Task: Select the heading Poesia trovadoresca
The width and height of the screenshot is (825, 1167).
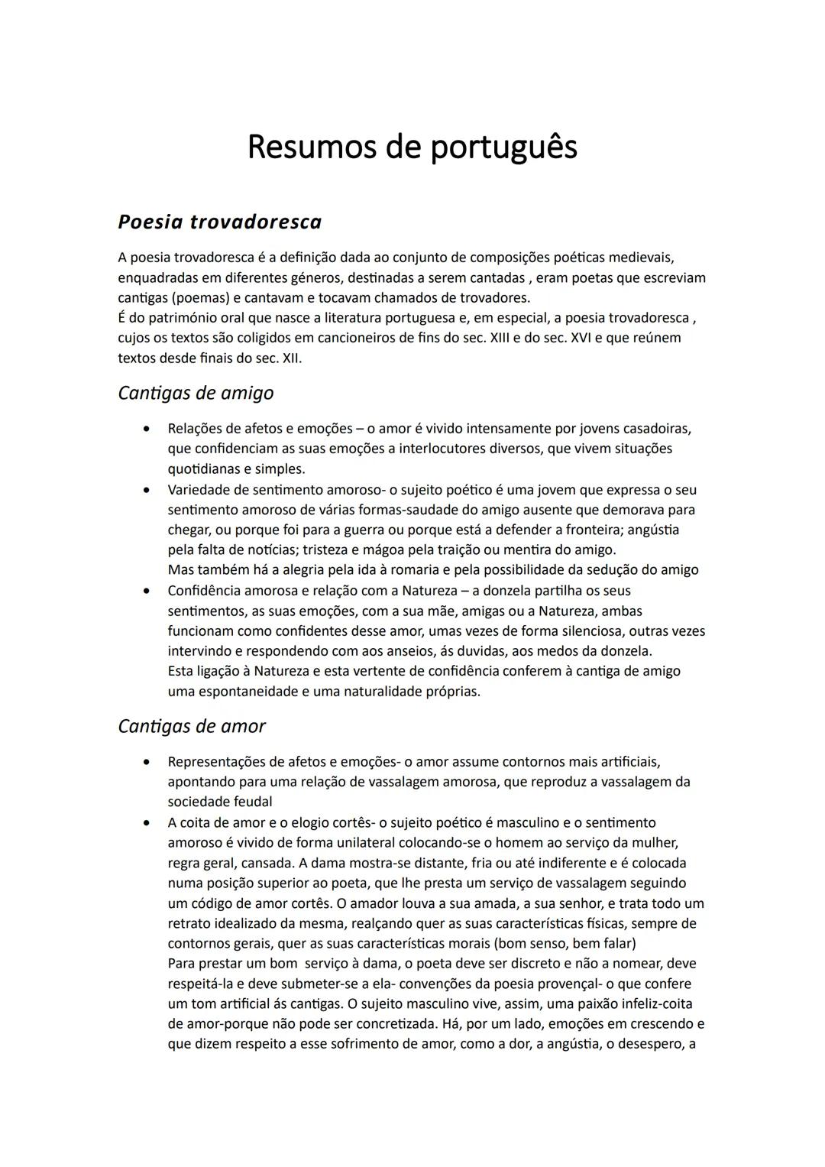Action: point(220,222)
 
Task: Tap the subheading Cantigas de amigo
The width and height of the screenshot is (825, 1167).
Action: point(196,393)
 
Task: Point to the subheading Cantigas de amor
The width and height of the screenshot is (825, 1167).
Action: point(192,726)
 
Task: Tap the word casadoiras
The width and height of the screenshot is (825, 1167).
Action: point(657,428)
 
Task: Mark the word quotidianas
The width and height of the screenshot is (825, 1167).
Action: point(205,468)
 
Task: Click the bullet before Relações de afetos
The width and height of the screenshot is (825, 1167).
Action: point(145,429)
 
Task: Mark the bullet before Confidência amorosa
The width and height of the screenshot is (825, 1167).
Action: point(145,591)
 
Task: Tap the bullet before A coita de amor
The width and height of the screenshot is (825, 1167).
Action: point(145,823)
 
